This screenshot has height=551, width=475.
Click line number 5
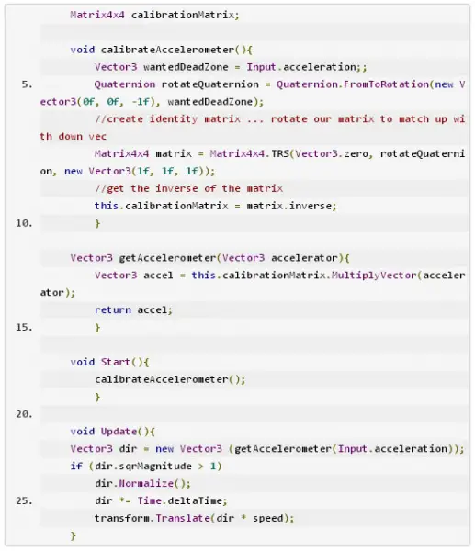coord(27,84)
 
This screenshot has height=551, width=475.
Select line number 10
coord(24,223)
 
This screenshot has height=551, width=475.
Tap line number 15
coord(24,327)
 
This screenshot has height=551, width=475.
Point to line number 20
coord(24,414)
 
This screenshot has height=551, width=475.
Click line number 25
coord(24,500)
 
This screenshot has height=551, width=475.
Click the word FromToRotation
coord(386,84)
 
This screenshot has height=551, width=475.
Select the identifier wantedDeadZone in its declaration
coord(186,67)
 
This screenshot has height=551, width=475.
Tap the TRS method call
coord(280,154)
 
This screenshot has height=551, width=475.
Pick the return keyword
coord(113,310)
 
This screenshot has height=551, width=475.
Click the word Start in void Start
coord(116,362)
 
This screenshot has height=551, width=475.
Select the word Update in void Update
coord(119,432)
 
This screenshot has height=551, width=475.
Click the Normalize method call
coord(146,484)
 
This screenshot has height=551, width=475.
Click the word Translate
coord(183,518)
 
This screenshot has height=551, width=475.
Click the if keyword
coord(76,467)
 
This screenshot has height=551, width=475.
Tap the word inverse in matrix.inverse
coord(311,206)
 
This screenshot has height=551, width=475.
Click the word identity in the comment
coord(174,119)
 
